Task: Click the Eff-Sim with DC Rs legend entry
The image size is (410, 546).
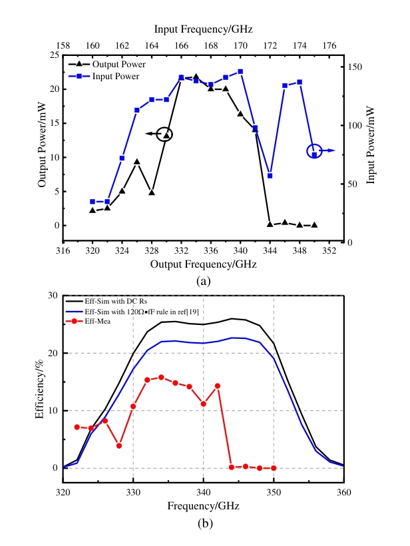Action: (x=117, y=300)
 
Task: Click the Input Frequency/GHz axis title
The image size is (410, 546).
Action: (x=203, y=29)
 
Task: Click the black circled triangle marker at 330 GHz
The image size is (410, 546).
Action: (x=166, y=135)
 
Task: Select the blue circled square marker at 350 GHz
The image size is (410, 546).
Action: (x=314, y=154)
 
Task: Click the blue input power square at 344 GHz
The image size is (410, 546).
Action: (x=270, y=176)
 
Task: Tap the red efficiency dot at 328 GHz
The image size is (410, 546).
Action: (x=119, y=445)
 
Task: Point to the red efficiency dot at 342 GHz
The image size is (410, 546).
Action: (x=218, y=386)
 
